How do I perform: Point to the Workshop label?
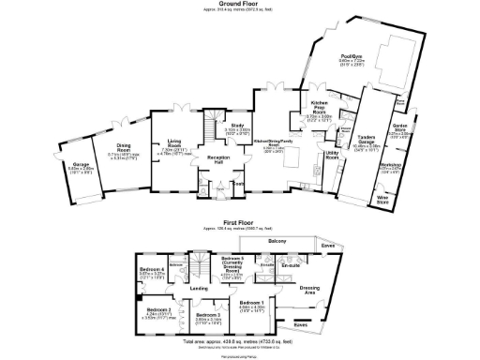coord(404,165)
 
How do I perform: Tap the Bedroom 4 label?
coord(152,270)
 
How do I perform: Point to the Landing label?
coord(199,289)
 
